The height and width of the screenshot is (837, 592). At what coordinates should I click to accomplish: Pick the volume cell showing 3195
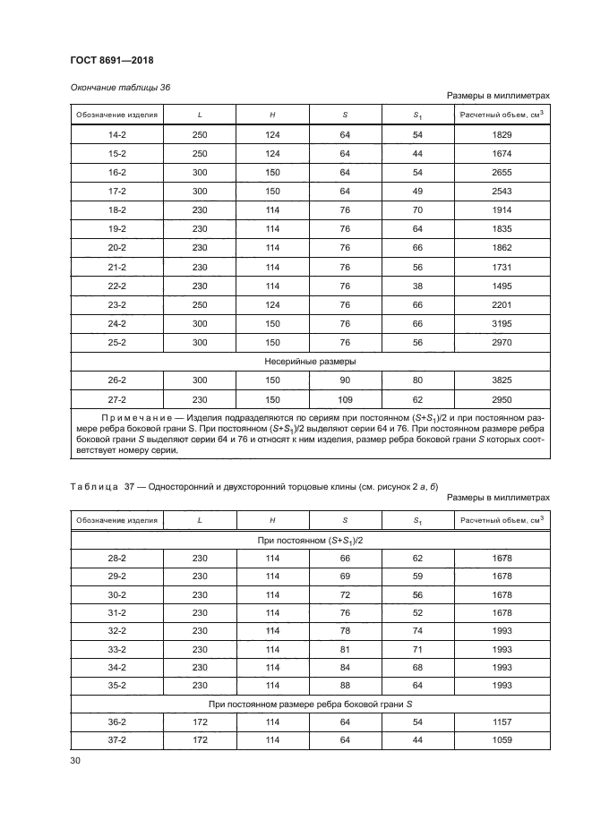[502, 323]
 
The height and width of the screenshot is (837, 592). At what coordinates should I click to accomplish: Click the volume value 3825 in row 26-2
[502, 380]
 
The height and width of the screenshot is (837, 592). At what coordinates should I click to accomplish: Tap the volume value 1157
[502, 723]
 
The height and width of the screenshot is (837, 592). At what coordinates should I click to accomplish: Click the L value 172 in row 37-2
[199, 741]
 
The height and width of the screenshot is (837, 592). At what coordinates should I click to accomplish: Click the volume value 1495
[502, 286]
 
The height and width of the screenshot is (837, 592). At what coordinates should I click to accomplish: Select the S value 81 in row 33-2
[345, 649]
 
